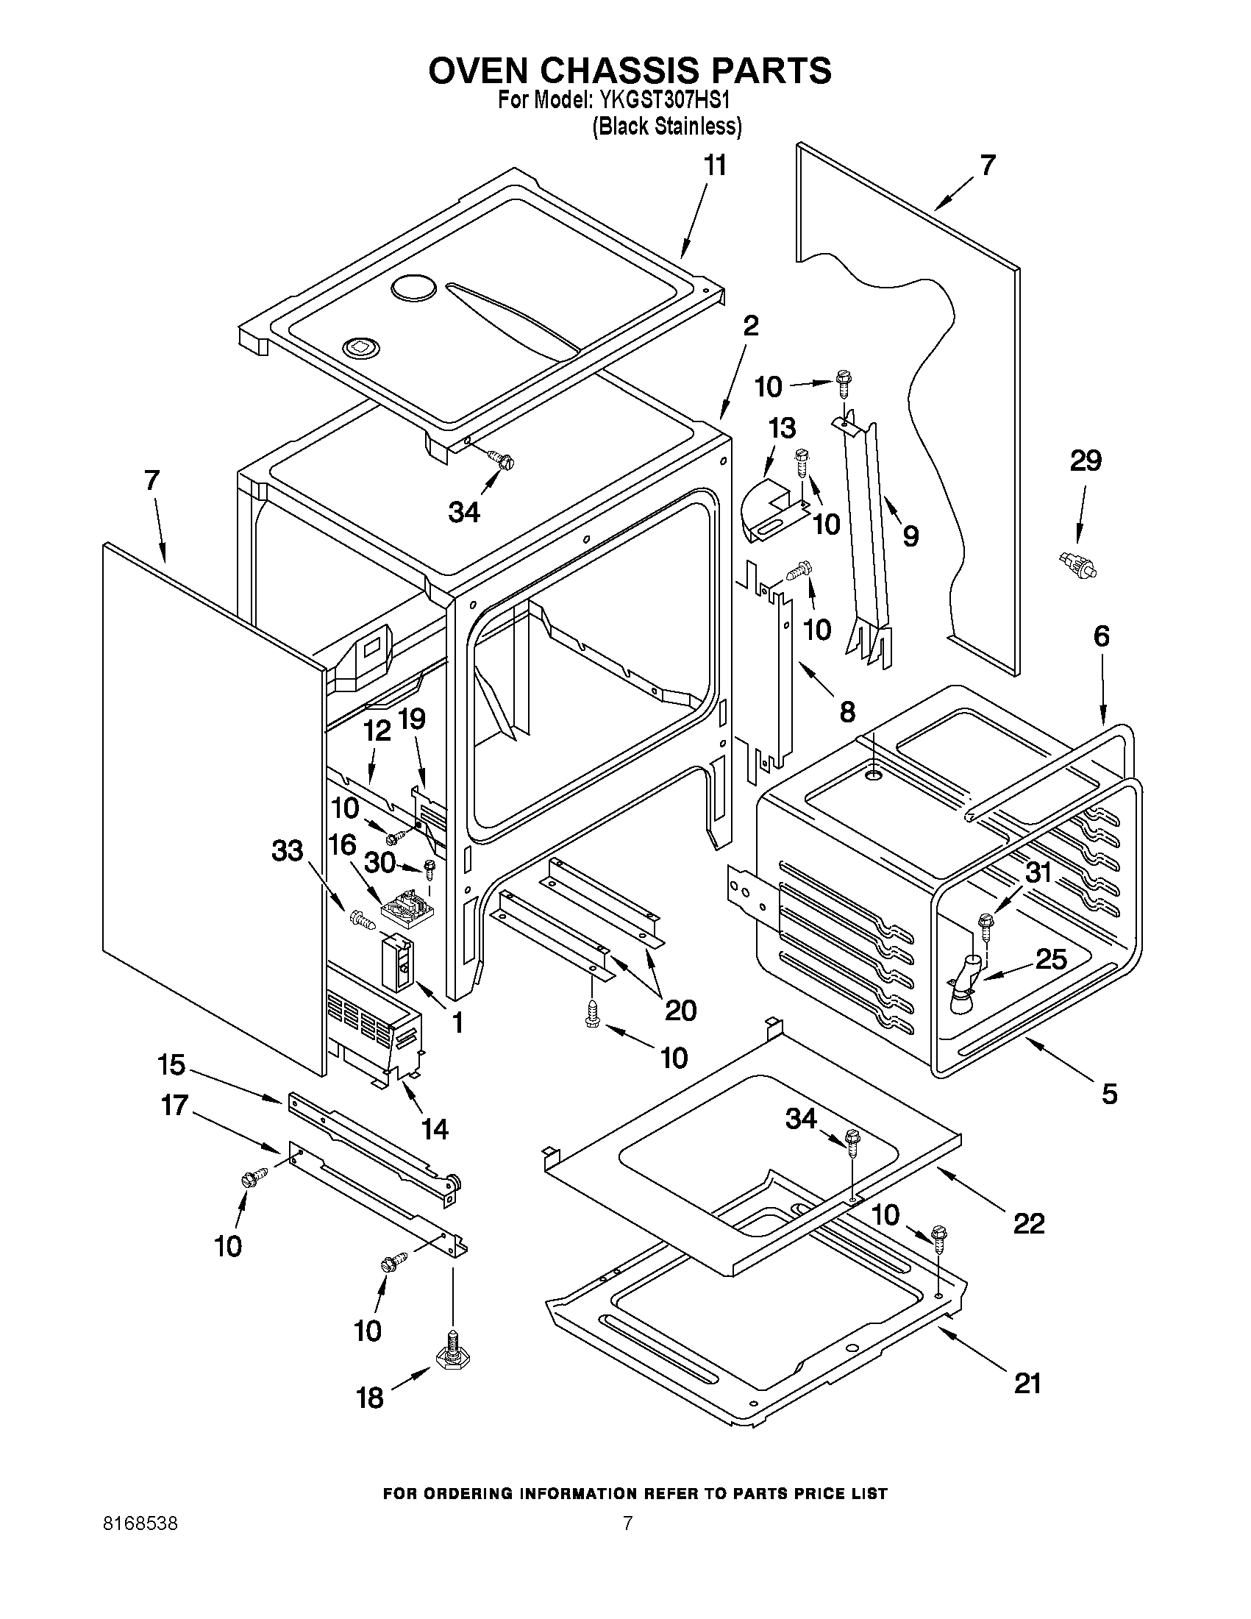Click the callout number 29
coord(1086,461)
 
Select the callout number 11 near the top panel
coord(714,166)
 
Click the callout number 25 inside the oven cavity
coord(1050,959)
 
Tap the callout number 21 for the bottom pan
coord(1027,1384)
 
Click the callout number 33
coord(288,850)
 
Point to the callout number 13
coord(782,428)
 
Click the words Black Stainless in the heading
coord(667,127)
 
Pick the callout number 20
coord(680,1010)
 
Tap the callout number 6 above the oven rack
coord(1101,636)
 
